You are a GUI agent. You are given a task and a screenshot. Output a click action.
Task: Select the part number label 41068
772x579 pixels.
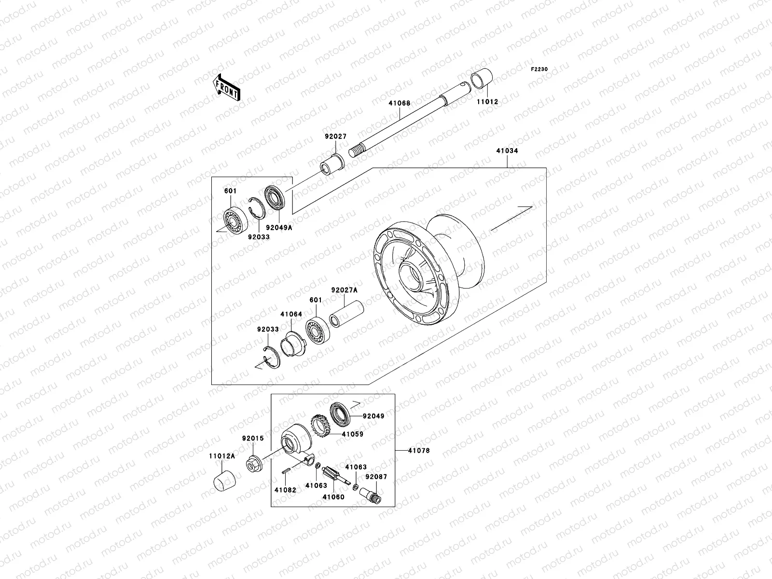pos(400,103)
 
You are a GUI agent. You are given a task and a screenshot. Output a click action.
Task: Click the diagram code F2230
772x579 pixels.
pos(539,69)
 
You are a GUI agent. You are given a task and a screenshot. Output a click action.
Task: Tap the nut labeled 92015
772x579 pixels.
pos(254,465)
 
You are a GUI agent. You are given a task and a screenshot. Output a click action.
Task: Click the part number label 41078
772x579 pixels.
pos(418,451)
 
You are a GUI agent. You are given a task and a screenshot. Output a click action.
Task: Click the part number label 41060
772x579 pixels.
pos(333,496)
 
